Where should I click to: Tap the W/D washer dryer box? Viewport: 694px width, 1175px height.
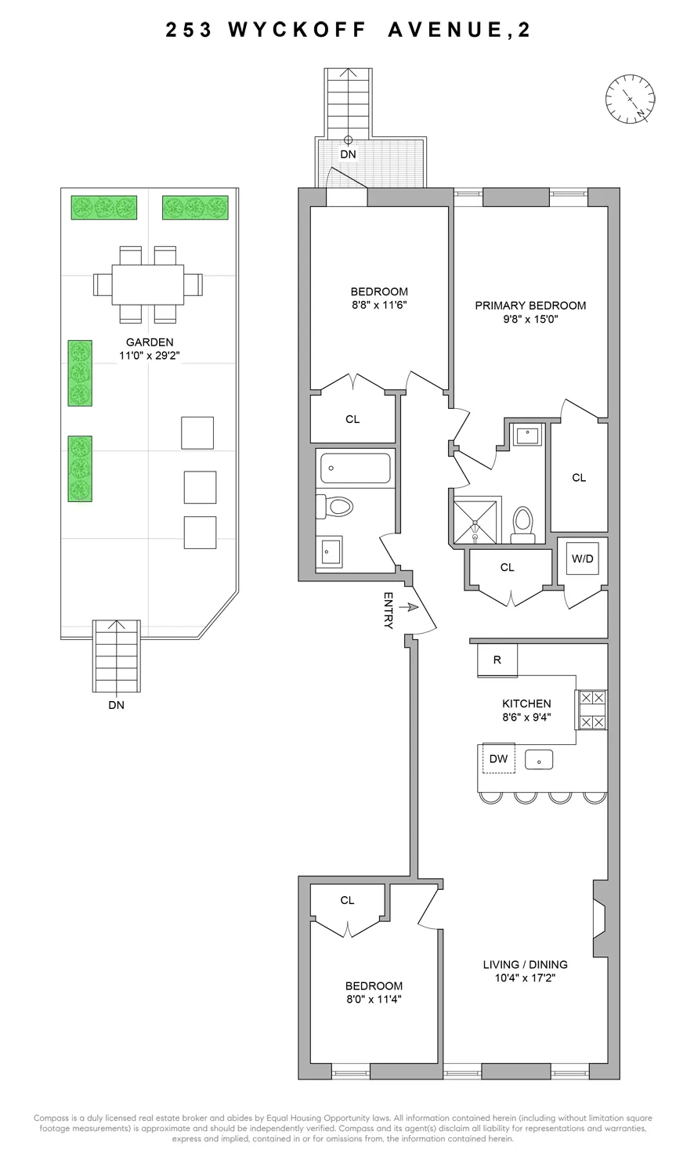tap(582, 558)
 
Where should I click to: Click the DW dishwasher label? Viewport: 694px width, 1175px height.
tap(498, 758)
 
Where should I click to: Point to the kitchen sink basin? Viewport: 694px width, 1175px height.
tap(539, 759)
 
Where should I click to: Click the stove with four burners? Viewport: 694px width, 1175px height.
tap(592, 710)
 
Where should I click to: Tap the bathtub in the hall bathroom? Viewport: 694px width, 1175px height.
tap(355, 468)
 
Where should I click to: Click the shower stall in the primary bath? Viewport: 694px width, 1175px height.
tap(475, 520)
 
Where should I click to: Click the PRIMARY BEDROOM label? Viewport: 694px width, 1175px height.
tap(530, 305)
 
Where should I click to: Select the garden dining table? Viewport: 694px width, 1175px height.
tap(148, 284)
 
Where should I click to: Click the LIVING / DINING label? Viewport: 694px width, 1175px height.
tap(525, 964)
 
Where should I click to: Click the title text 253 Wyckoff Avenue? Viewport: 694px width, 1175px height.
tap(347, 30)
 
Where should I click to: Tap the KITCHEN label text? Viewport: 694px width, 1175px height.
tap(526, 703)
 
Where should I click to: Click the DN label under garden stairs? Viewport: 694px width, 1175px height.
tap(117, 704)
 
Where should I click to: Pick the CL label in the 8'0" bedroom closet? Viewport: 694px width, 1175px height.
tap(347, 900)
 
